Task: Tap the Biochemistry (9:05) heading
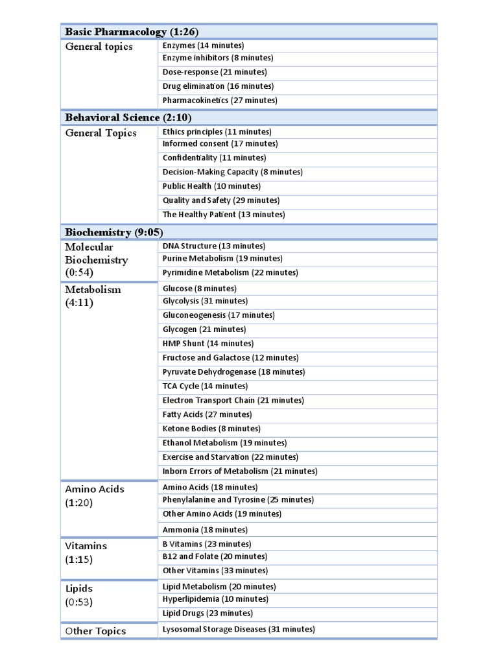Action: (113, 232)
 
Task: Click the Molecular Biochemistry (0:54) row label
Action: (97, 260)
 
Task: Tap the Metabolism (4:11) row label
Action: (93, 296)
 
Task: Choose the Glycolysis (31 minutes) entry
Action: (205, 301)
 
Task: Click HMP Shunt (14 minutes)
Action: (207, 344)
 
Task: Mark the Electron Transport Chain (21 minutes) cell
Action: (233, 401)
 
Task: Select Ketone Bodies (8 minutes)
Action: (211, 429)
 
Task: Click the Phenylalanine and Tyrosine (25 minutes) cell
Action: (238, 500)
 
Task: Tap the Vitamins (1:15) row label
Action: (86, 552)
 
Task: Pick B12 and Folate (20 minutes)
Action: (215, 556)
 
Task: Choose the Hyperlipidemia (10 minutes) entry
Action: (215, 599)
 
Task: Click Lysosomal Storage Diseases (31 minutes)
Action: (239, 629)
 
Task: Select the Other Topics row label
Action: (95, 631)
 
